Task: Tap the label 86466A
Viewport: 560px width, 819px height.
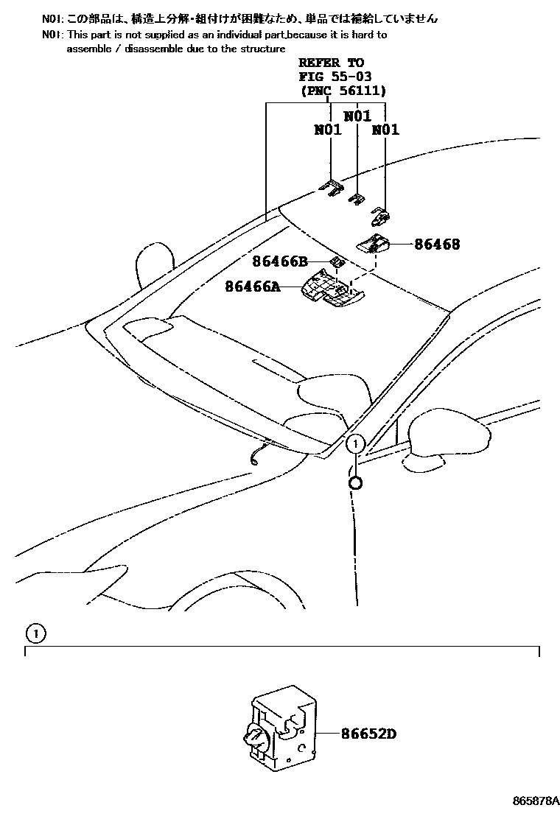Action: point(253,287)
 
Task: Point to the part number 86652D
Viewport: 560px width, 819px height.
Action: point(368,734)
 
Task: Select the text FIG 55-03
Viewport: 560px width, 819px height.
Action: point(335,77)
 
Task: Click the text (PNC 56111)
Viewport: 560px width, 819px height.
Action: point(343,91)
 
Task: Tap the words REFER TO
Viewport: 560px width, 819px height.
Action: point(331,63)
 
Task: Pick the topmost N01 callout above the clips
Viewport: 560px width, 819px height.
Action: point(357,116)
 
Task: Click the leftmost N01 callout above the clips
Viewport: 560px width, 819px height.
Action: point(328,130)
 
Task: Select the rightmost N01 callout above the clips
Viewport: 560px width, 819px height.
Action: point(385,130)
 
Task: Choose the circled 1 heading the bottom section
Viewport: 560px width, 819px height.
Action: point(35,633)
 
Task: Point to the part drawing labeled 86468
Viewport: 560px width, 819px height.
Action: point(375,244)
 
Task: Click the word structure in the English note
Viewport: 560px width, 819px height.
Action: point(261,49)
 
